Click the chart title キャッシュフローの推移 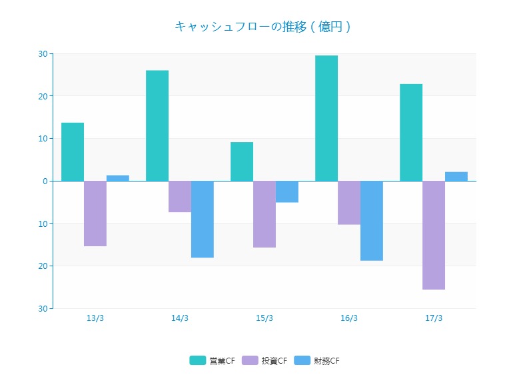click(x=263, y=27)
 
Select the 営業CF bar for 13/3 click(x=73, y=151)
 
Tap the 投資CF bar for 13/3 click(x=95, y=214)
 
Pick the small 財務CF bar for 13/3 click(x=118, y=178)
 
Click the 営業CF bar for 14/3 click(x=157, y=125)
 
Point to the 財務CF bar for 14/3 click(x=203, y=219)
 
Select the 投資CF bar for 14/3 click(x=180, y=196)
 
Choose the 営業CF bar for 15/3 click(x=242, y=161)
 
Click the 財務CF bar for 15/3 click(x=287, y=192)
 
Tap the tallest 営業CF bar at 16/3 click(x=326, y=118)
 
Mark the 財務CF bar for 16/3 click(x=372, y=220)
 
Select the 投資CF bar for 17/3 click(x=434, y=235)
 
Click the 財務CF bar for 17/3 click(x=456, y=176)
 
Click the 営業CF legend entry click(x=213, y=361)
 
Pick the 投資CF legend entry click(x=265, y=361)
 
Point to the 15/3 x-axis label click(x=264, y=318)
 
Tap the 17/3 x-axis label click(x=434, y=318)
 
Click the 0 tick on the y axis click(x=45, y=181)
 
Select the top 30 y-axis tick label click(x=43, y=53)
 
